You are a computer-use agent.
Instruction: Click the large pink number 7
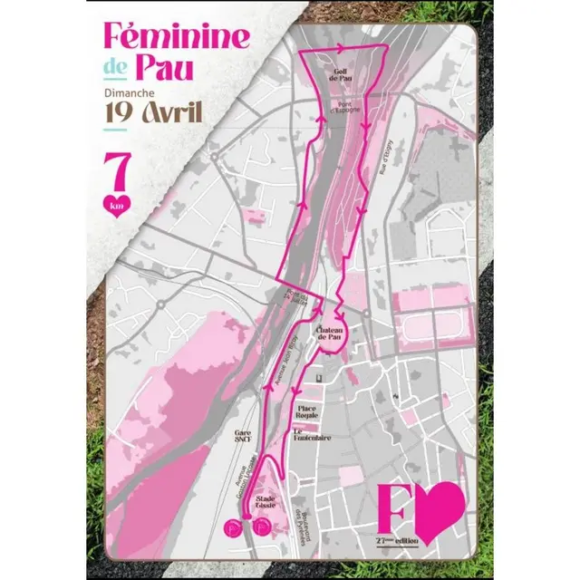pyautogui.click(x=116, y=169)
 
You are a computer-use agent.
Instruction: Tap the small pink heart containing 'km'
pyautogui.click(x=116, y=204)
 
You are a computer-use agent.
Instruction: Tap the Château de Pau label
pyautogui.click(x=328, y=335)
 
